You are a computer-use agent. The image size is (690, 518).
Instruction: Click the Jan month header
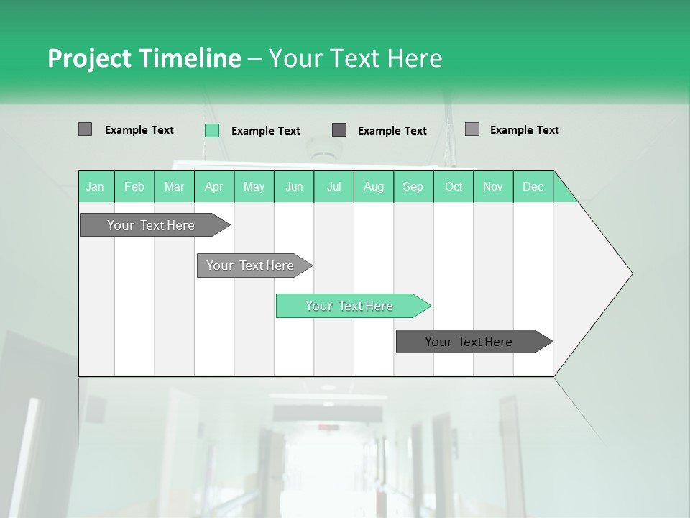tap(96, 186)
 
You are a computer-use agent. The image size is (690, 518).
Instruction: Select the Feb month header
tap(134, 186)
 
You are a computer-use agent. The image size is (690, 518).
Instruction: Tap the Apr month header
tap(214, 186)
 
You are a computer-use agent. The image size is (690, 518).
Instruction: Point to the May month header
tap(254, 186)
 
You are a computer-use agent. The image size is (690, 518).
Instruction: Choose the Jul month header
tap(333, 186)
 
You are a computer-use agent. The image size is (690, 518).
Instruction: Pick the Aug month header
tap(374, 186)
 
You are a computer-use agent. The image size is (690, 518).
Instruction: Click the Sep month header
tap(413, 186)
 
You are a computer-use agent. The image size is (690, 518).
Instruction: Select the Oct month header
tap(454, 186)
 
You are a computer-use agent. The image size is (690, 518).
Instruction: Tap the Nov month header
tap(493, 186)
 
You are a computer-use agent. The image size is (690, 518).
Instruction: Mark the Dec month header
tap(533, 186)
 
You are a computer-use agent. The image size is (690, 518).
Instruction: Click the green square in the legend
tap(212, 130)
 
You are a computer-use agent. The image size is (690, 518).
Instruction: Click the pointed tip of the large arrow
tap(631, 273)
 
